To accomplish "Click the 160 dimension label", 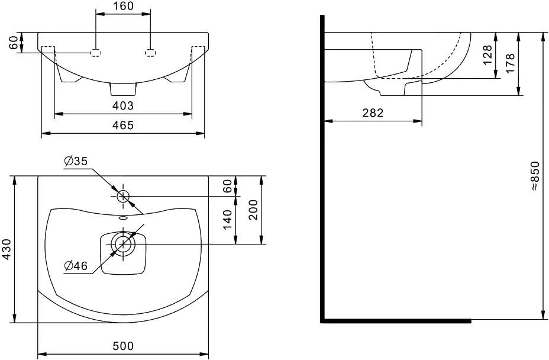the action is point(123,6).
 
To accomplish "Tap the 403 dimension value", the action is point(123,105).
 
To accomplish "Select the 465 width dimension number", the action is point(123,125).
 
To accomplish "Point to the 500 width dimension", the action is point(123,346).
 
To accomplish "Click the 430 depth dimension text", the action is point(7,249).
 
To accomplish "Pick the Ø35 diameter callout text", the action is point(76,161).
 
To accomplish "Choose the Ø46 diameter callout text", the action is point(76,266).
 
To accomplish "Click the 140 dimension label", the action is point(228,220).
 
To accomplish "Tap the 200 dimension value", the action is point(253,210).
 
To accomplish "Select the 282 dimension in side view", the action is point(373,113).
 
